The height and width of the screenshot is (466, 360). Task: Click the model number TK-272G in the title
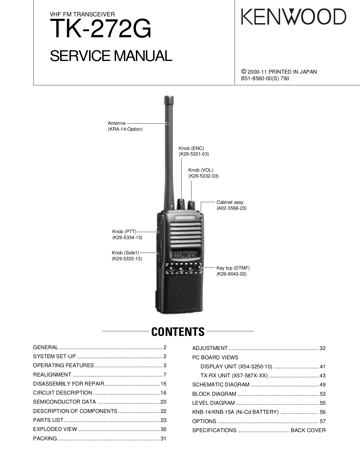[x=101, y=29]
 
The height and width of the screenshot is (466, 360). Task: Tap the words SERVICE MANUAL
[x=111, y=56]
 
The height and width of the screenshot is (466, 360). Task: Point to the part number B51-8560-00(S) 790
[x=265, y=78]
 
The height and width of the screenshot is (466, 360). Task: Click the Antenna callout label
[x=117, y=123]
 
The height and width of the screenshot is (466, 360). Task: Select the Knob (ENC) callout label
[x=191, y=148]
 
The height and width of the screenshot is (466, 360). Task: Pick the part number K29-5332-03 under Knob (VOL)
[x=203, y=176]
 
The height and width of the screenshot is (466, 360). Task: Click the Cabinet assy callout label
[x=230, y=202]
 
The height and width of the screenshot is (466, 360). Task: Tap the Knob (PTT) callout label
[x=124, y=232]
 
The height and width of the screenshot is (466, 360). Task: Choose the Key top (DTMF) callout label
[x=233, y=268]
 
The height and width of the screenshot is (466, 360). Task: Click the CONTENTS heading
[x=178, y=332]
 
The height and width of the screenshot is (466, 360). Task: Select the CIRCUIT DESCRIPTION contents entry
[x=63, y=393]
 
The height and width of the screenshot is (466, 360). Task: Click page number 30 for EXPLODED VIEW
[x=163, y=429]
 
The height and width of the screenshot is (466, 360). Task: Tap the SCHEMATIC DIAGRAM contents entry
[x=221, y=384]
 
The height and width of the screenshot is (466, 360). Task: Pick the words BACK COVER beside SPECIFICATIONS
[x=308, y=430]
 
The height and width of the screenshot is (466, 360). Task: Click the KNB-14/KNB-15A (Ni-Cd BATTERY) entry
[x=235, y=412]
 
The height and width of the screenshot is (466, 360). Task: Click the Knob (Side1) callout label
[x=125, y=253]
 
